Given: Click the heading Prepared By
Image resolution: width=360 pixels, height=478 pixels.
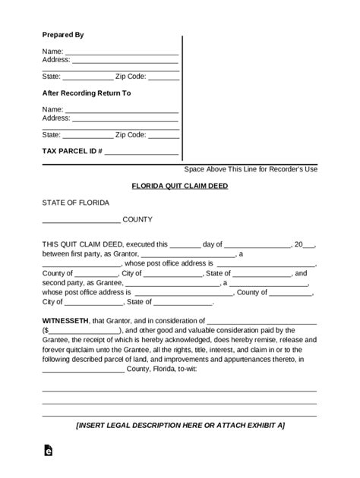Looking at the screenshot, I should click(x=62, y=35).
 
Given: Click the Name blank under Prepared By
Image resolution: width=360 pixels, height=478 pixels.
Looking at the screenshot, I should click(x=122, y=52).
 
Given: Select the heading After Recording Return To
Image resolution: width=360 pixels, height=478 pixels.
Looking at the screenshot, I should click(x=86, y=93).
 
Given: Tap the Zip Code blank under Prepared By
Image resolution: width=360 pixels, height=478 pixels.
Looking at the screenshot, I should click(x=163, y=77).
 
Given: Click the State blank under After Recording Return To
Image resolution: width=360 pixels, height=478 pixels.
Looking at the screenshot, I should click(x=87, y=135).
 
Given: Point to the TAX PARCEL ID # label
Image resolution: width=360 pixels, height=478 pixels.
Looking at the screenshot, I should click(x=71, y=152).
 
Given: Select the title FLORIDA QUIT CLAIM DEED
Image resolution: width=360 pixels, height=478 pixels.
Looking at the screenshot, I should click(x=179, y=186).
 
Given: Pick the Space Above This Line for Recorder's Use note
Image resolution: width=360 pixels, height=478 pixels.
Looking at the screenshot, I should click(x=251, y=168).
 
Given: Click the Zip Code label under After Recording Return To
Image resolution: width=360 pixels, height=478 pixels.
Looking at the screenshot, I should click(x=130, y=135).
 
